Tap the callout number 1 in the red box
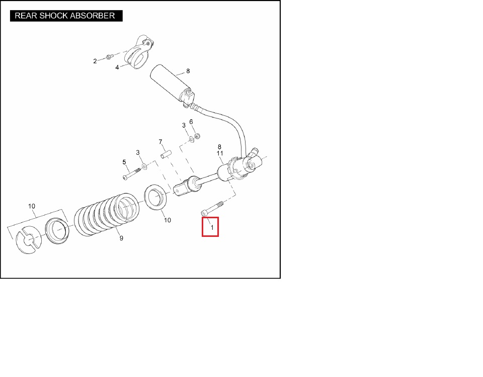(212, 228)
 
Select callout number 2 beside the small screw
(95, 61)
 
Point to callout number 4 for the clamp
(117, 67)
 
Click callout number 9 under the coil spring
(121, 238)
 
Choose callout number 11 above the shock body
(220, 153)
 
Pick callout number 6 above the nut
(191, 122)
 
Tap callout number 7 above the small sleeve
(160, 142)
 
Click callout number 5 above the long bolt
(124, 162)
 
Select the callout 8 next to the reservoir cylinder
(188, 71)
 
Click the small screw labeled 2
(109, 57)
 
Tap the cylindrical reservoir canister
(172, 83)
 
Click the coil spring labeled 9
(107, 215)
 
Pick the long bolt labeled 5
(131, 174)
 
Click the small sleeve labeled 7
(166, 154)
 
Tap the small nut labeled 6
(197, 136)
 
